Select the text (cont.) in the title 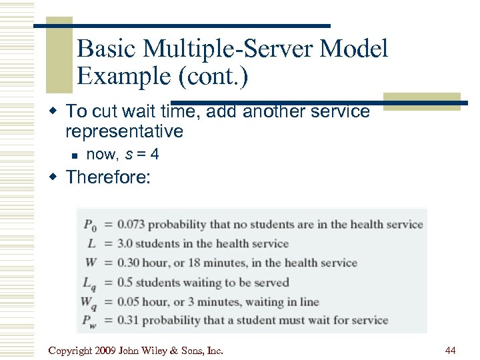point(212,77)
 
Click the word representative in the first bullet point(125,131)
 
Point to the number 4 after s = point(155,155)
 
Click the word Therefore point(109,177)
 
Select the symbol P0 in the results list point(91,225)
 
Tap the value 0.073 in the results point(131,225)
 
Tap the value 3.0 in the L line point(125,244)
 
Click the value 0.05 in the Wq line point(128,302)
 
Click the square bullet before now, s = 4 point(75,155)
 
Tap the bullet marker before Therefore point(56,177)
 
